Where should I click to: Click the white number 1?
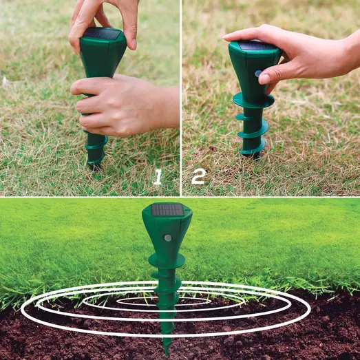pyautogui.click(x=158, y=177)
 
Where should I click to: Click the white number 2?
pyautogui.click(x=199, y=176)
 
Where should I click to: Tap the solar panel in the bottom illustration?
pyautogui.click(x=167, y=210)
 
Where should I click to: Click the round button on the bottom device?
pyautogui.click(x=168, y=238)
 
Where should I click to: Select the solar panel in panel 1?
pyautogui.click(x=103, y=34)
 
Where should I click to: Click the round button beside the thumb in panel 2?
pyautogui.click(x=258, y=74)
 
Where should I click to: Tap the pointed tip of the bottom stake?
pyautogui.click(x=166, y=354)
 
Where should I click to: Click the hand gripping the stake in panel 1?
pyautogui.click(x=122, y=105)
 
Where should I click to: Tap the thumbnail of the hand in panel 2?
pyautogui.click(x=264, y=79)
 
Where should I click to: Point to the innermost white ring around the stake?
pyautogui.click(x=164, y=301)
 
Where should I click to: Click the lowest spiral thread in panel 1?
pyautogui.click(x=95, y=160)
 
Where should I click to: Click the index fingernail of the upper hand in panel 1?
pyautogui.click(x=134, y=45)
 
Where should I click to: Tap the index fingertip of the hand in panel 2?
pyautogui.click(x=226, y=37)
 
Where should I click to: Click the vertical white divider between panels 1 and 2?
pyautogui.click(x=181, y=98)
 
